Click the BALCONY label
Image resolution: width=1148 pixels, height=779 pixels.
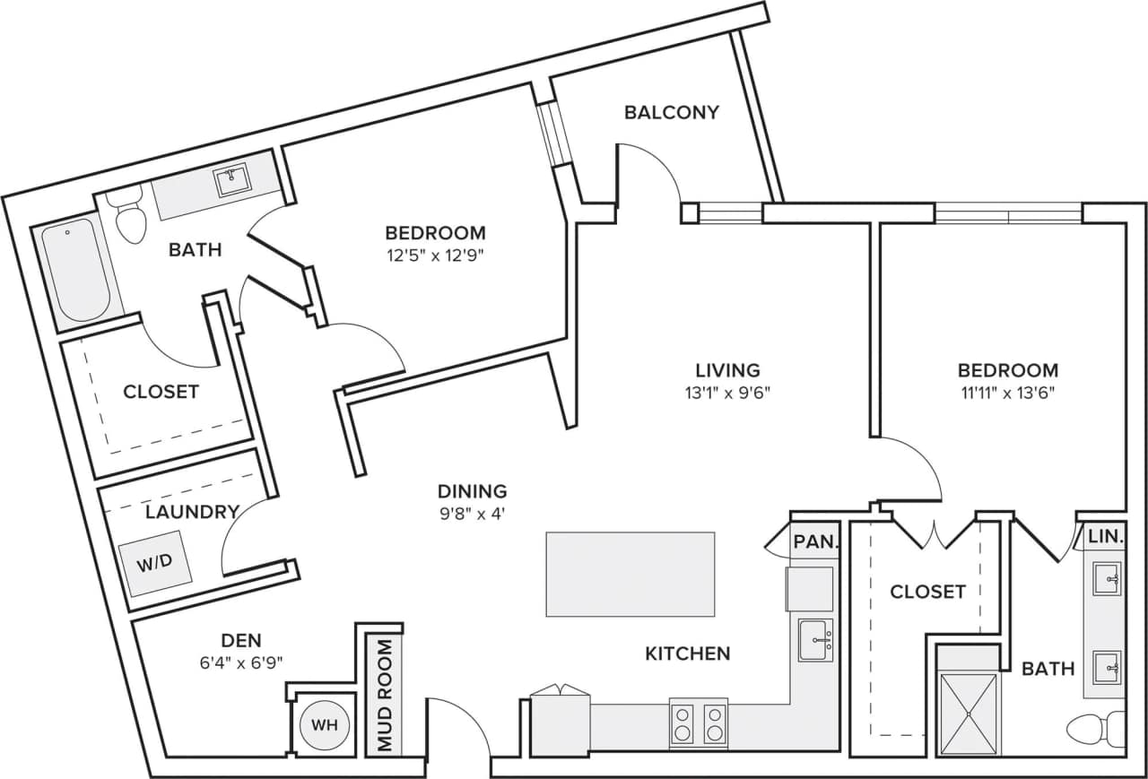(672, 112)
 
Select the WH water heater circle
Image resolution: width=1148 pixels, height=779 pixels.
(323, 723)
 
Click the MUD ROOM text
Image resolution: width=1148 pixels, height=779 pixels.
(385, 696)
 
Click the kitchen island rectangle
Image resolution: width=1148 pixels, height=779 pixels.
(630, 574)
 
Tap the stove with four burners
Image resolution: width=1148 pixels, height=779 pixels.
(698, 723)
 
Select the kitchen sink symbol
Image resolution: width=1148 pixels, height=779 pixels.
(814, 639)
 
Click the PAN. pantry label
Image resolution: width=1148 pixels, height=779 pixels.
(815, 541)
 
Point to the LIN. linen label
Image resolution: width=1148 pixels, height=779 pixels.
(1106, 536)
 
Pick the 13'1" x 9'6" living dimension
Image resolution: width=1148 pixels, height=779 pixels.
(727, 392)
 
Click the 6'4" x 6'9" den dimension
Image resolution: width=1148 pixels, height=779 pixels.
(241, 663)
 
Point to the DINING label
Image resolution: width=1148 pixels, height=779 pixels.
(472, 491)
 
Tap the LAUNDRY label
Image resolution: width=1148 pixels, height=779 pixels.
(192, 512)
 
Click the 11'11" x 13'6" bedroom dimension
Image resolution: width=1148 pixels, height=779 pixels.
(1007, 392)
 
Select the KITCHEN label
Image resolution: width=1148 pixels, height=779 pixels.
(687, 653)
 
